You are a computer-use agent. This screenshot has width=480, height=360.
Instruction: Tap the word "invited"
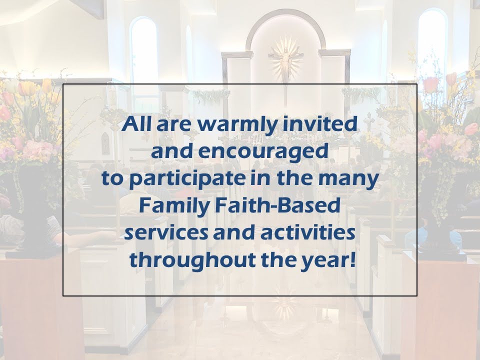click(319, 124)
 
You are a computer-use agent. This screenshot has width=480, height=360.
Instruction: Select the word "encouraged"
click(263, 152)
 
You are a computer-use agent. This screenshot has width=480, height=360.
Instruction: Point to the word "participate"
click(187, 179)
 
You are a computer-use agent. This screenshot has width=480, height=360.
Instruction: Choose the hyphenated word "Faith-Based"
click(277, 205)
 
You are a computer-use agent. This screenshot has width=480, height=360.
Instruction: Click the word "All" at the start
click(136, 124)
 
